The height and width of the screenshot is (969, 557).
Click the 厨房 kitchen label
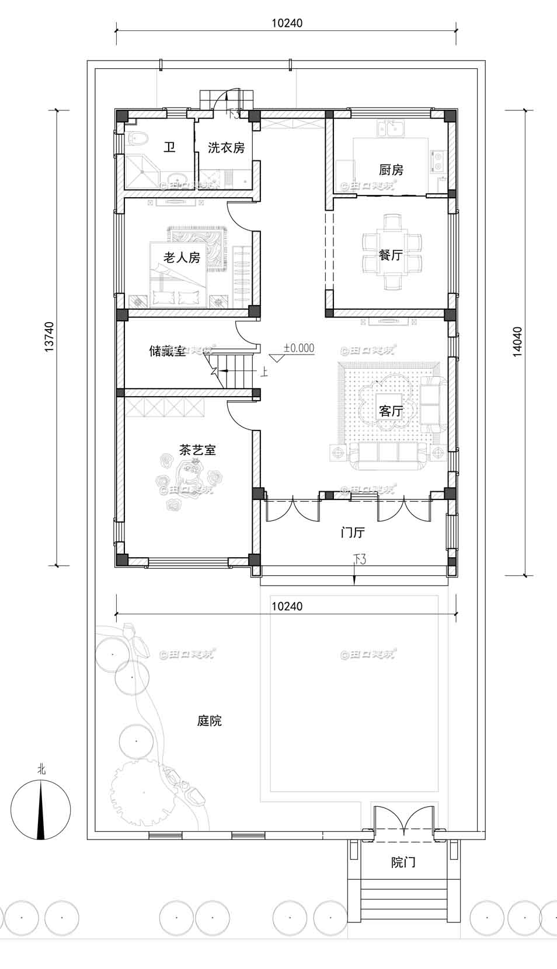click(x=391, y=170)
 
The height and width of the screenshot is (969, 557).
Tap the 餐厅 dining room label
click(x=390, y=255)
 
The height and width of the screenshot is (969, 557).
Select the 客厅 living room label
click(x=391, y=411)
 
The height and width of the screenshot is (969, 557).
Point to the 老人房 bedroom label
click(x=182, y=257)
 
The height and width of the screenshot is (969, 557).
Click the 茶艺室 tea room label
click(x=197, y=450)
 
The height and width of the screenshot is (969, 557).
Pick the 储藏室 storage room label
click(x=168, y=351)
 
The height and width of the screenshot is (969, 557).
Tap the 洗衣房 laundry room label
click(x=226, y=148)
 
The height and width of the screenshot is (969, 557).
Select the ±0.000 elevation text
click(x=299, y=348)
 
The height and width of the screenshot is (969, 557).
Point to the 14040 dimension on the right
click(x=517, y=341)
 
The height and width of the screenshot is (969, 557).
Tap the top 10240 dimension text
click(x=287, y=23)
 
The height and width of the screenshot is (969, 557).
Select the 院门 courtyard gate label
click(x=403, y=862)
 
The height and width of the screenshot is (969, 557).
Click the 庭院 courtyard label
click(x=209, y=721)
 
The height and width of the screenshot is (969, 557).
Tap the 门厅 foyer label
click(x=353, y=532)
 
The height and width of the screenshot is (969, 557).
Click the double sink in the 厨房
click(x=392, y=128)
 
